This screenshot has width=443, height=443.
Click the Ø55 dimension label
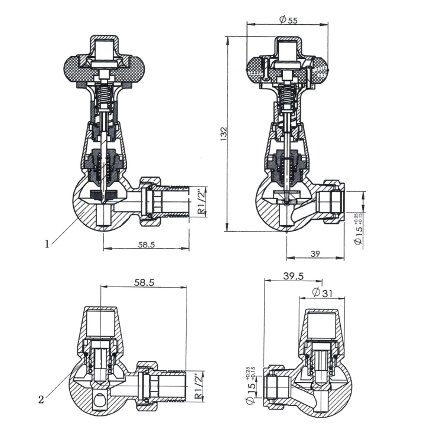(x=288, y=19)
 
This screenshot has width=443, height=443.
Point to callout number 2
(x=41, y=399)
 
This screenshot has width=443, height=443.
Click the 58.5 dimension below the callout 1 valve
(x=143, y=245)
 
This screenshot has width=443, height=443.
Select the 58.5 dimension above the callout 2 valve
(x=144, y=283)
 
